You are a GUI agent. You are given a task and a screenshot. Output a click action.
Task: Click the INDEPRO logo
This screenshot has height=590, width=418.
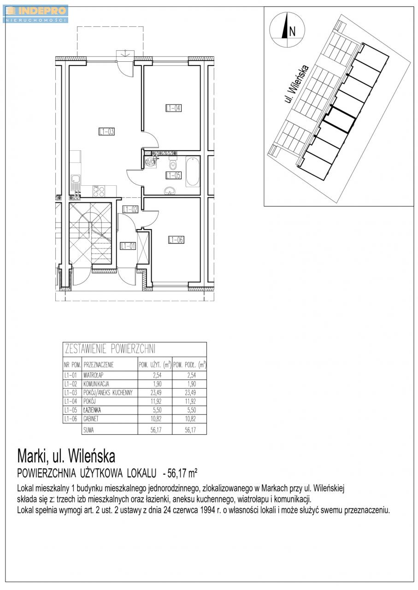(x=35, y=14)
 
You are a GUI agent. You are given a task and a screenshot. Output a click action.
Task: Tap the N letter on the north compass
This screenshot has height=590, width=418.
(x=292, y=32)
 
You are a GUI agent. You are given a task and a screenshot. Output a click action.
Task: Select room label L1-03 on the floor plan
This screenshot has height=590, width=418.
(x=106, y=131)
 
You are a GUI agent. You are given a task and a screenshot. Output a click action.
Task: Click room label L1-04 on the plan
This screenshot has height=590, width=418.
(x=174, y=108)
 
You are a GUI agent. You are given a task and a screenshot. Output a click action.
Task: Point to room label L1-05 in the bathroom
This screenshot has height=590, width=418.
(x=174, y=175)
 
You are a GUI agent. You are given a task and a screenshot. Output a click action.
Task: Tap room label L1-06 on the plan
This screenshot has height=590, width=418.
(x=176, y=240)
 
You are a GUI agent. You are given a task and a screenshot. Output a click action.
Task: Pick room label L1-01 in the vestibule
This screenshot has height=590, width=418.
(x=128, y=246)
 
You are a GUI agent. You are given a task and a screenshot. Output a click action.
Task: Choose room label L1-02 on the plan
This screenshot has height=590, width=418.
(x=130, y=209)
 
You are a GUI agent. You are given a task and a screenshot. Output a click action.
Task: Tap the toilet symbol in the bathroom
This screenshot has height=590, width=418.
(x=173, y=164)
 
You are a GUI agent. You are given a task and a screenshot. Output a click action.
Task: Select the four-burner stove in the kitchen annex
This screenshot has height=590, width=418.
(x=99, y=191)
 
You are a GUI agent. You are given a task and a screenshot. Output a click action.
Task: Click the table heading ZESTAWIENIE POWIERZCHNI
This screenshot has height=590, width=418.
(x=110, y=349)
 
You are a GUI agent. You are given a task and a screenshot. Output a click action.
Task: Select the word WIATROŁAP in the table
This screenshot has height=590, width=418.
(x=93, y=375)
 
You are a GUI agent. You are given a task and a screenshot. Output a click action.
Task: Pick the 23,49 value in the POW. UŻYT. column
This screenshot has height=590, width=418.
(x=156, y=392)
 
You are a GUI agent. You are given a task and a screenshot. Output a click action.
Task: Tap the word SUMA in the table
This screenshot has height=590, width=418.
(x=88, y=430)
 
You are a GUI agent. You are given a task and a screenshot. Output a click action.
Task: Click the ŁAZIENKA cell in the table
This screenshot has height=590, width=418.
(x=92, y=410)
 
